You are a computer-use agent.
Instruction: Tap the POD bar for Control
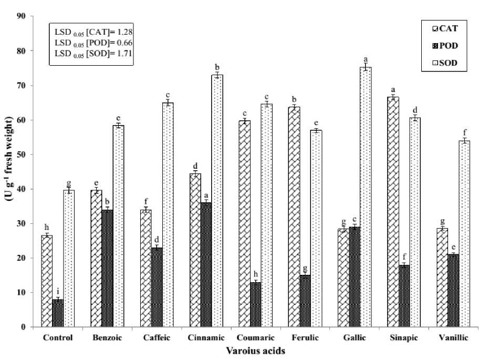point(58,313)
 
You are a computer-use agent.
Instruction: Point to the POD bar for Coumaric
point(254,304)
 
